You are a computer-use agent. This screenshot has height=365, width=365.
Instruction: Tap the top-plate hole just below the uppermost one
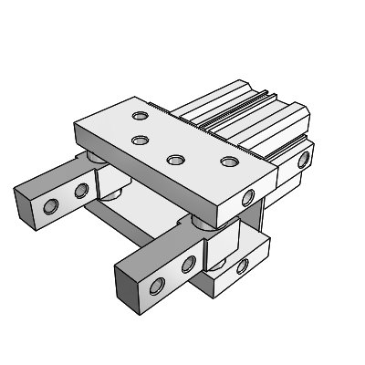140,141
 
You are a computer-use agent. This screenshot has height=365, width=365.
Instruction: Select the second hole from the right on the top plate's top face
173,160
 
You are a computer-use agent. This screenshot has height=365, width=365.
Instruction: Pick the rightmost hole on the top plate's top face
227,162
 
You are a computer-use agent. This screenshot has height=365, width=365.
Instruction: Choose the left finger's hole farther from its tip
81,190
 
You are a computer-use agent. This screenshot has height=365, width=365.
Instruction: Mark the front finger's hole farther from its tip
189,266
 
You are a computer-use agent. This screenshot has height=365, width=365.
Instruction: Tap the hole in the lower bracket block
243,266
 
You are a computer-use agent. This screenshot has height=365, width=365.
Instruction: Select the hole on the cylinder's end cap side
304,161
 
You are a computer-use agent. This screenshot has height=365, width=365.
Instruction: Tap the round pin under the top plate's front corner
203,224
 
